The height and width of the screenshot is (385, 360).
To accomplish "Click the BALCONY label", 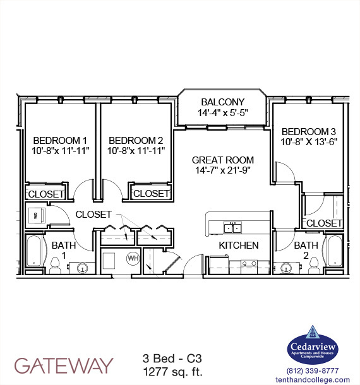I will click(222, 102).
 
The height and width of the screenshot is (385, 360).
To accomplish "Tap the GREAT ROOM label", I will click(223, 160).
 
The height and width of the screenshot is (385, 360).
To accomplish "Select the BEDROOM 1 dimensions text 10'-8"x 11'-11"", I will click(61, 150).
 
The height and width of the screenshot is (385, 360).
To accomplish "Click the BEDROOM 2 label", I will click(136, 140).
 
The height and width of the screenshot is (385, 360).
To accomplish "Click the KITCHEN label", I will click(239, 244).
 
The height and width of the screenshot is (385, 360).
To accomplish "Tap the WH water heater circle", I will click(133, 258).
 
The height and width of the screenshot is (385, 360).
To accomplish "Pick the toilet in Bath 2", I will click(311, 269).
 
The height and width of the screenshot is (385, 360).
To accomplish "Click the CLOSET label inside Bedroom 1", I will click(45, 194).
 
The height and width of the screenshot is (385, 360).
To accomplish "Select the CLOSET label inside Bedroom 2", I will click(151, 194).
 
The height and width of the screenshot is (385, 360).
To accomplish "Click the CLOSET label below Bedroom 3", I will click(324, 223).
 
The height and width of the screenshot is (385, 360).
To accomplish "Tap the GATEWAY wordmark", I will click(64, 365).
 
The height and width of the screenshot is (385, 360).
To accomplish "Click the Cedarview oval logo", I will click(313, 346).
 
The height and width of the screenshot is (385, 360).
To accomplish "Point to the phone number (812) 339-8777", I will click(313, 370).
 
